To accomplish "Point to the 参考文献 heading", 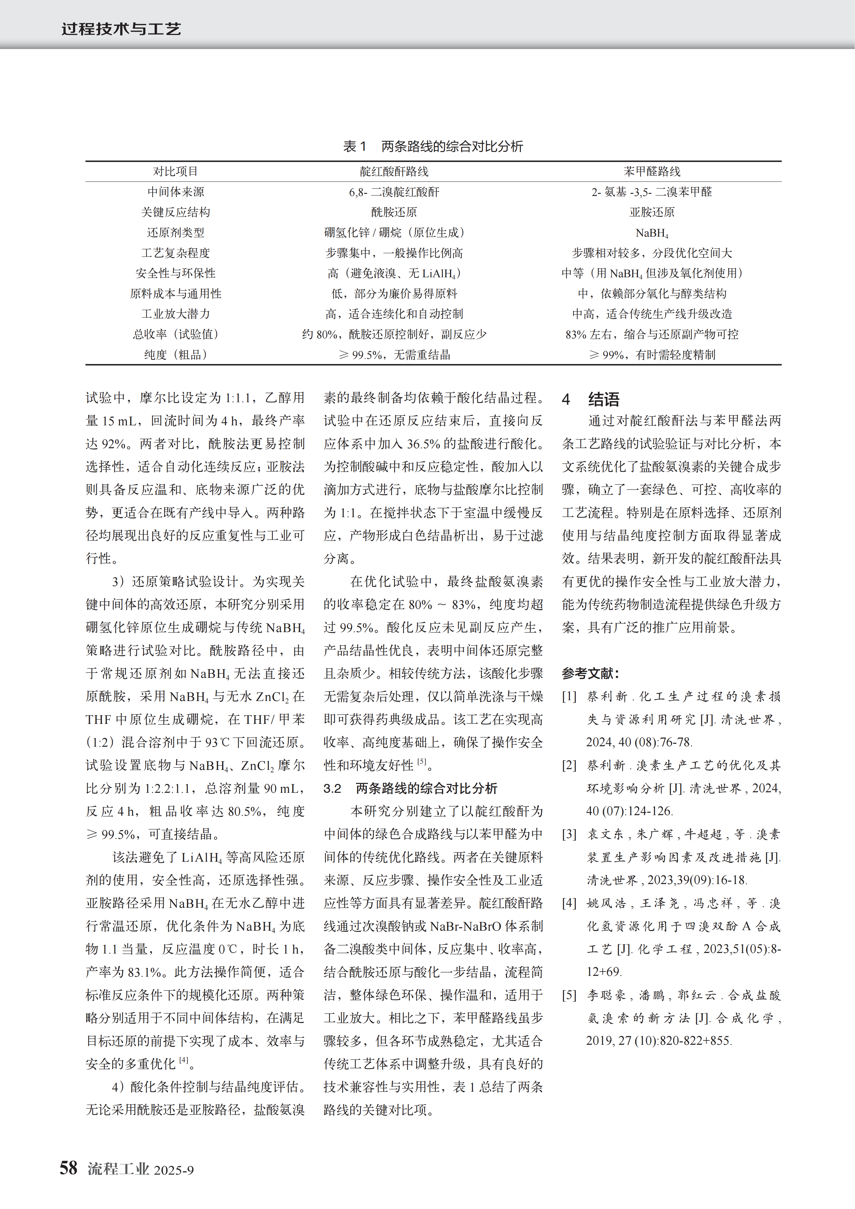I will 590,673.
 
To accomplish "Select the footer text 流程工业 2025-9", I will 141,1169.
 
